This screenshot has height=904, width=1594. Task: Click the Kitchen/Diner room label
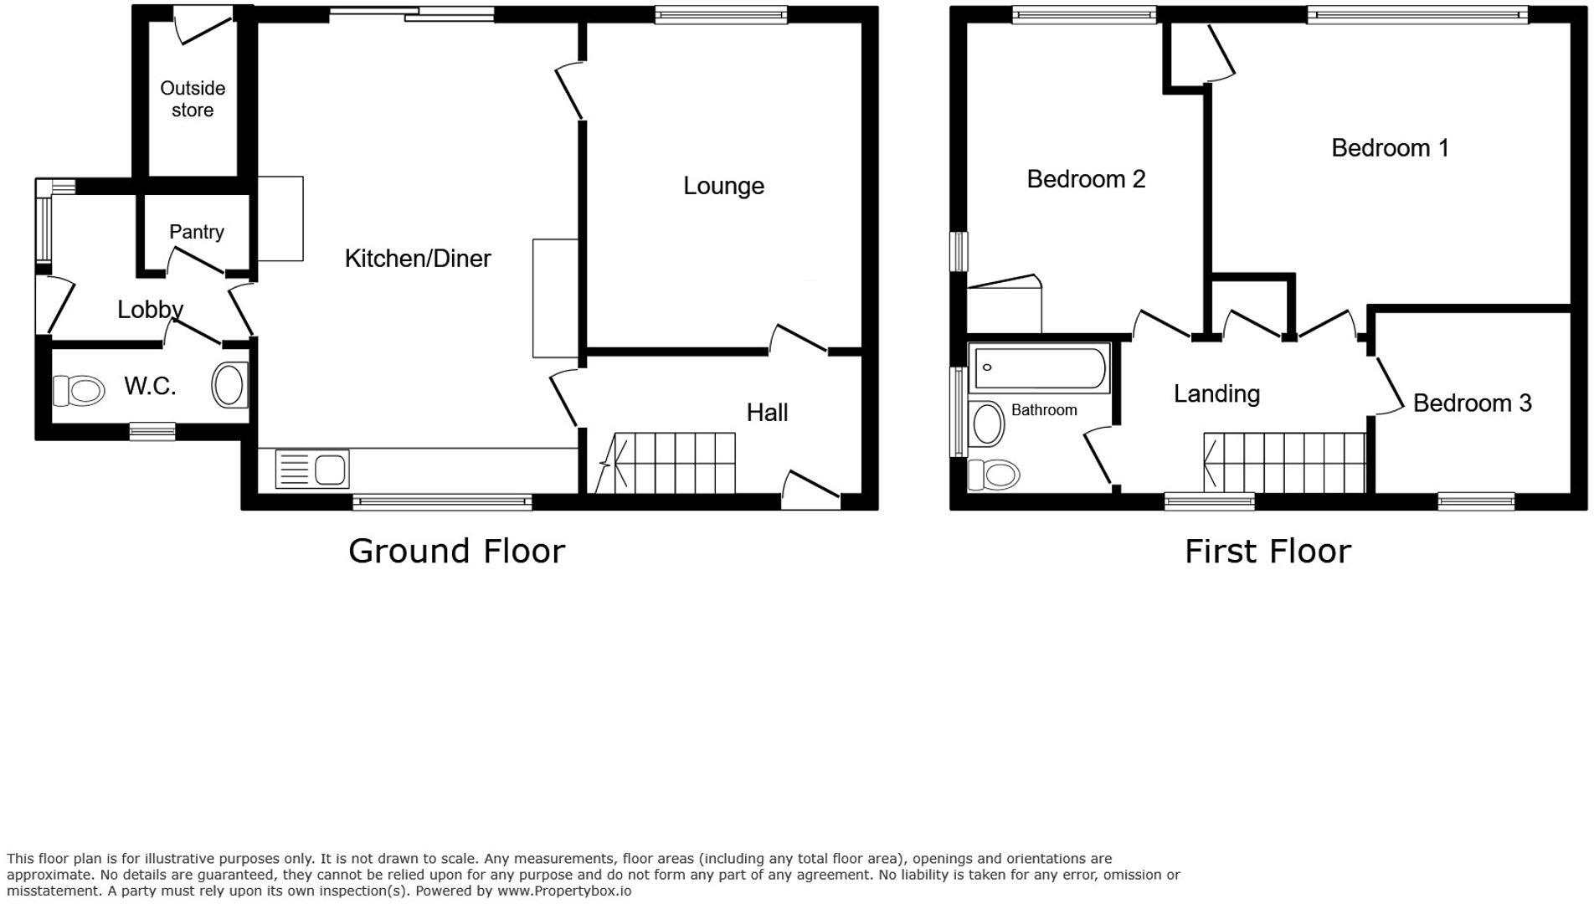pos(417,259)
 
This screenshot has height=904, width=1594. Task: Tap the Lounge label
pos(723,186)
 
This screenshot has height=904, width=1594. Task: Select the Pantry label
pos(197,232)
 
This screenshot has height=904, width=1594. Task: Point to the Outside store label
pos(193,100)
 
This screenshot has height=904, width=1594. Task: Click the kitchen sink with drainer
pos(311,470)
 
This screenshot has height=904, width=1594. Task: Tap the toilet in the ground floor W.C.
pos(79,389)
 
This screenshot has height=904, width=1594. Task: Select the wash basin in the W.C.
pos(230,385)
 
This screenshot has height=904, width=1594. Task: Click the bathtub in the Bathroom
pos(1038,367)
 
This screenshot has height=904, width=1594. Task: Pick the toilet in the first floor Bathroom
pos(995,475)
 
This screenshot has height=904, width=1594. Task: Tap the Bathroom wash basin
pos(987,424)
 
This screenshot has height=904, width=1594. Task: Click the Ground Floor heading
pos(456,551)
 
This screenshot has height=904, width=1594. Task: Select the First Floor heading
pos(1267,551)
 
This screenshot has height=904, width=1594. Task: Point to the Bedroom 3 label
pos(1472,403)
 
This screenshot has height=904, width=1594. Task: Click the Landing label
pos(1216,393)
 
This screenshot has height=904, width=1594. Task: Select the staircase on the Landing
pos(1284,463)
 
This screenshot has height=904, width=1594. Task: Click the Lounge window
pos(721,14)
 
